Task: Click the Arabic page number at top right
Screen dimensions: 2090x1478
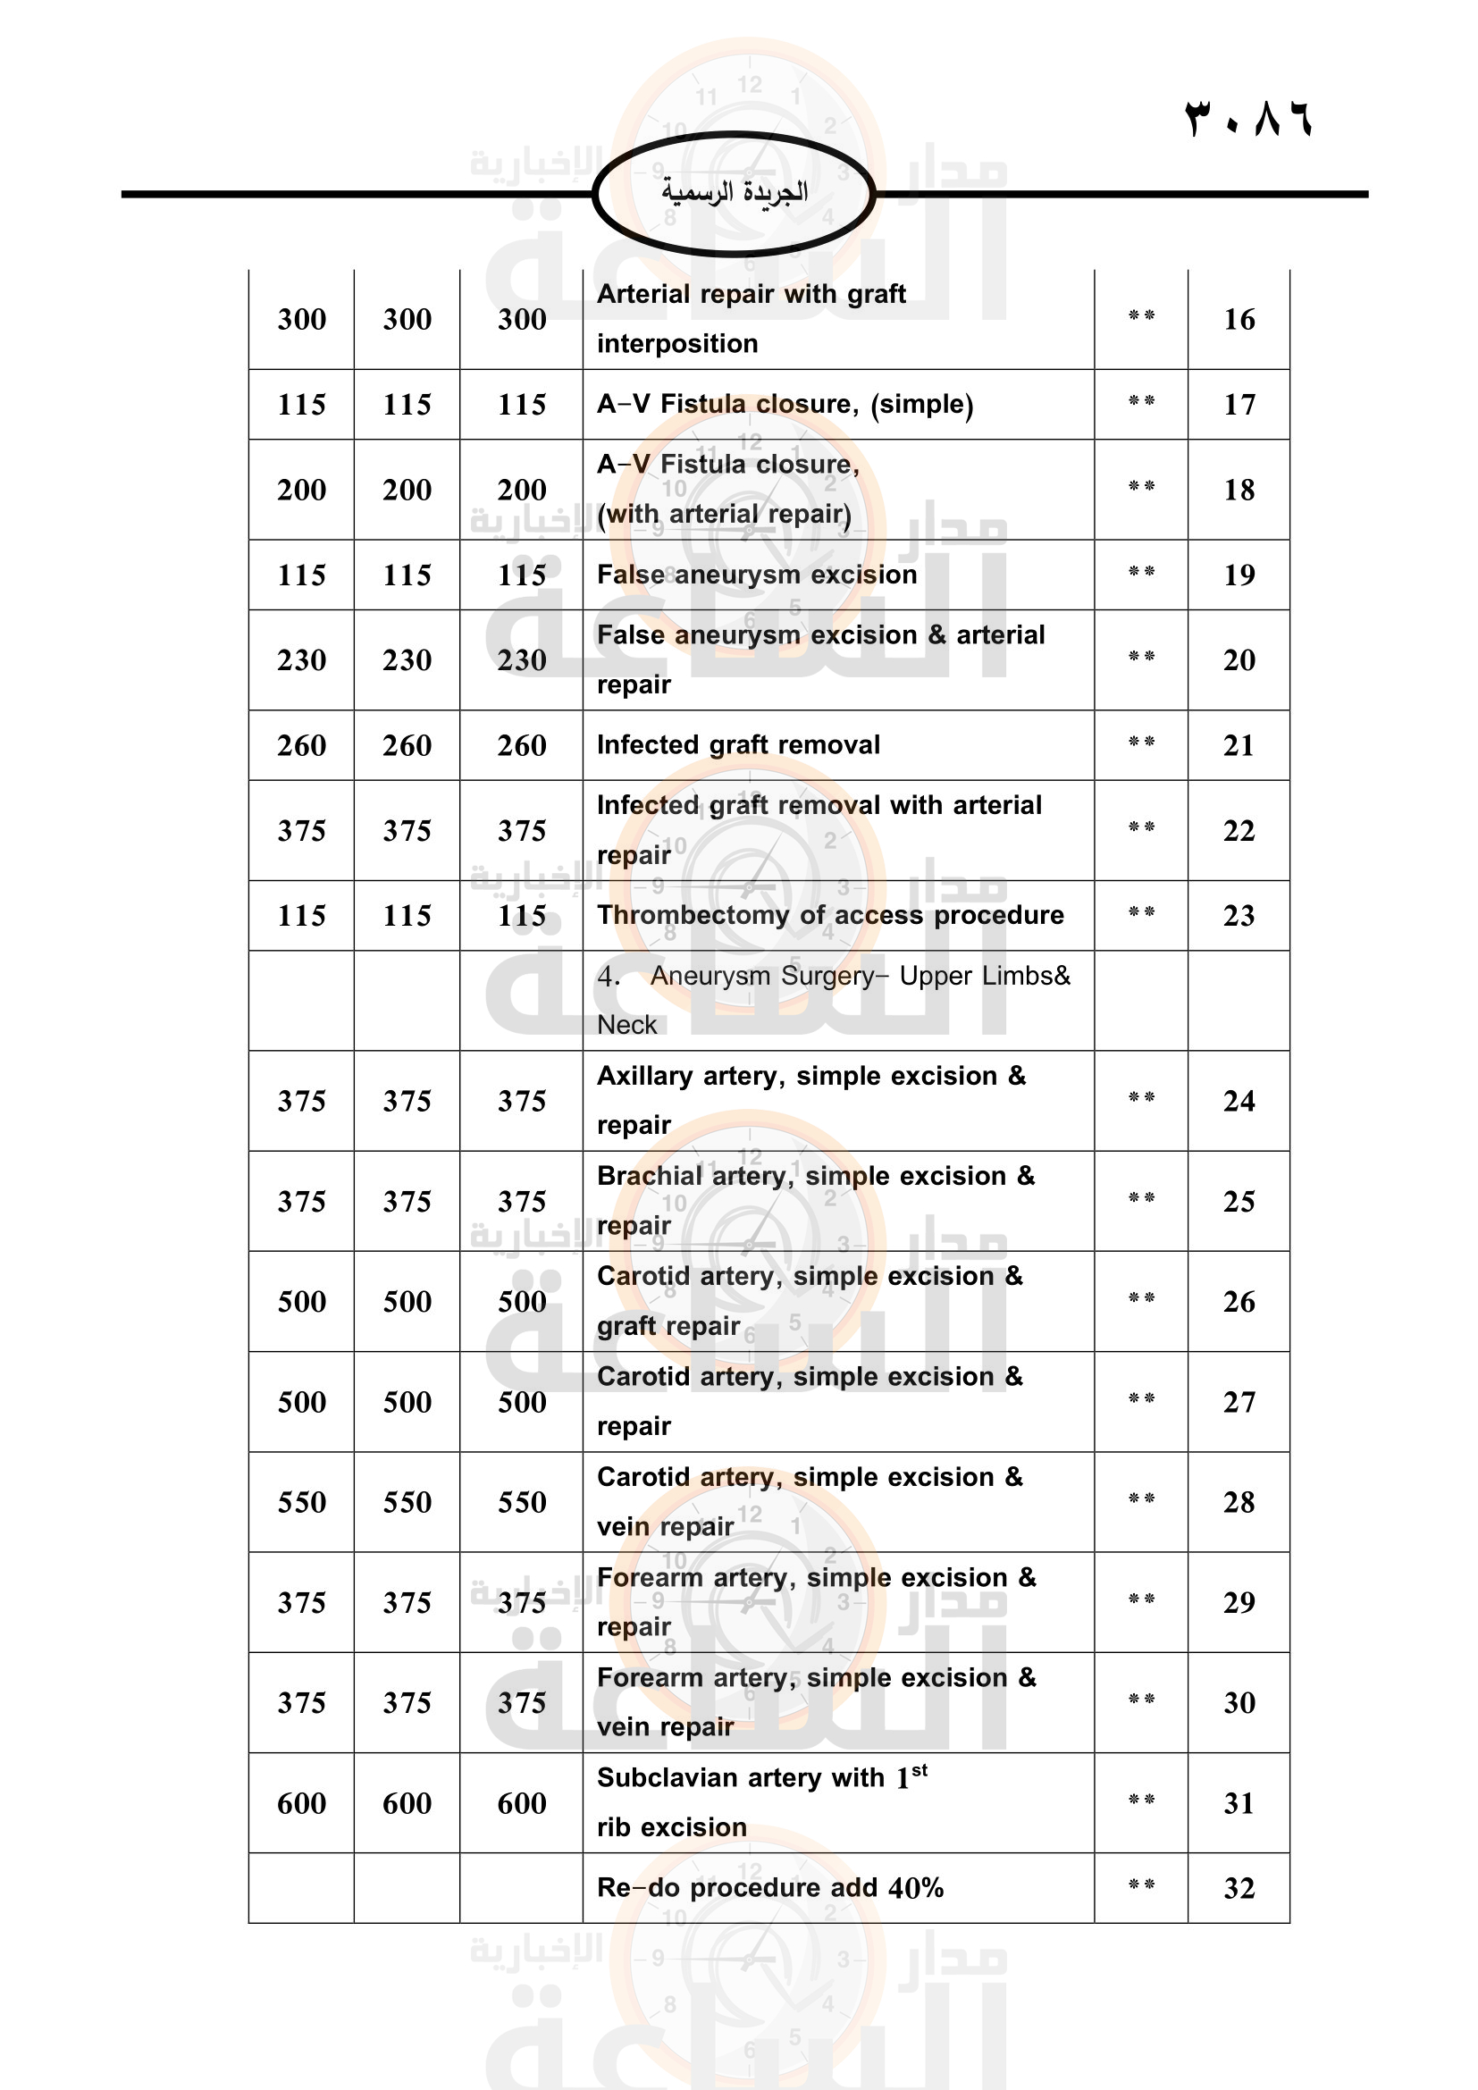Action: (1247, 119)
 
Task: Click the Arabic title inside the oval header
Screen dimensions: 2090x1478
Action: (734, 193)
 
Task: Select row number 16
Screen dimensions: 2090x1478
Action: (1239, 320)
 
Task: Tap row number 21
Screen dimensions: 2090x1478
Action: (1239, 745)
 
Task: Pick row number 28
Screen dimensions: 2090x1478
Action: (1239, 1502)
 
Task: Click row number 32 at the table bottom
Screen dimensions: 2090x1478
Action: (1239, 1888)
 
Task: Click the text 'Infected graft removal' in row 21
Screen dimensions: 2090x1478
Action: (738, 744)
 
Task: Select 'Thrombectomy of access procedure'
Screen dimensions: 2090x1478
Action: (830, 915)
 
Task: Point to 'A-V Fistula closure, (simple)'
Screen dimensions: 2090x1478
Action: (785, 404)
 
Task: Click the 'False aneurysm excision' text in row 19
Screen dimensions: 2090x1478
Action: (756, 575)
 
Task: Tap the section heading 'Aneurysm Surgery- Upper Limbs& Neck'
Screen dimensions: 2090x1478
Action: (833, 1000)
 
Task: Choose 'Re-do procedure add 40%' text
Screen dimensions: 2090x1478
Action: (770, 1887)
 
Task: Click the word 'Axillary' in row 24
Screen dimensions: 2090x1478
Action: (644, 1076)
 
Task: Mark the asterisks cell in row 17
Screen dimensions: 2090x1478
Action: (1140, 401)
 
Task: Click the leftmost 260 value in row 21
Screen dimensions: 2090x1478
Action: (301, 745)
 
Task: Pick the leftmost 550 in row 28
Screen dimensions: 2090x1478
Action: (301, 1502)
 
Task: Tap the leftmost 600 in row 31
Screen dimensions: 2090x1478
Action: (301, 1803)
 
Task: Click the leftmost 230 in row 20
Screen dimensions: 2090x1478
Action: (301, 660)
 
